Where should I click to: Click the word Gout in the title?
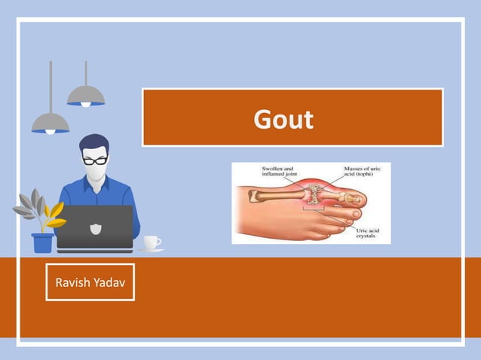[x=283, y=119]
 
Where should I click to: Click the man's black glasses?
[x=94, y=160]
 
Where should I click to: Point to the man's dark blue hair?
[x=93, y=143]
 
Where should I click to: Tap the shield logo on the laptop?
[x=94, y=227]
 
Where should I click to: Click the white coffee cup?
[x=152, y=242]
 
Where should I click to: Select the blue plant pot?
[x=43, y=243]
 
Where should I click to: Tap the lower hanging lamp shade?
[x=51, y=123]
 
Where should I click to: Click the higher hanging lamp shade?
[x=85, y=96]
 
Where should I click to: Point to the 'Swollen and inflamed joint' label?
[x=278, y=172]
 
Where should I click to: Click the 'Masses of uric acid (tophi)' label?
[x=362, y=172]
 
